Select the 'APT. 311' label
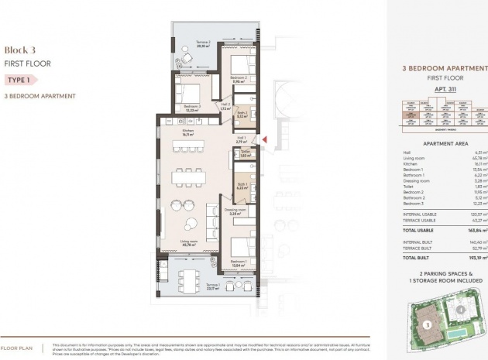(438, 90)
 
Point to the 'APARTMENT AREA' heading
(437, 143)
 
